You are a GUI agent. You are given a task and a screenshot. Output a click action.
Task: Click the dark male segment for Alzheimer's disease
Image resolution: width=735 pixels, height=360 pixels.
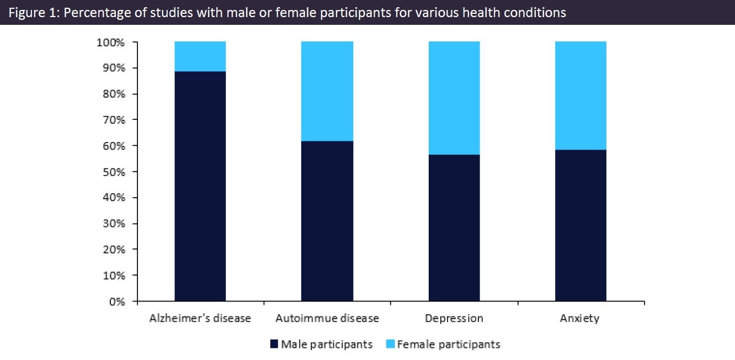pos(200,186)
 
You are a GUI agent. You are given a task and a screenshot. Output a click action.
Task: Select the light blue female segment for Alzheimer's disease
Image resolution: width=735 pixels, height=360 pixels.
pos(200,56)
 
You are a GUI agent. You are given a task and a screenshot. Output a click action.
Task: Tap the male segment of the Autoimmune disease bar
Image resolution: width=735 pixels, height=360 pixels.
pos(327,221)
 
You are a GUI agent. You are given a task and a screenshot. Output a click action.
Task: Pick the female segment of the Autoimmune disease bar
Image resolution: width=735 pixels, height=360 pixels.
pos(327,91)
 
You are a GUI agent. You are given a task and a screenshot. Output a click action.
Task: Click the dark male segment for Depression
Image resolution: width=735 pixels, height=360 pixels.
pos(454,227)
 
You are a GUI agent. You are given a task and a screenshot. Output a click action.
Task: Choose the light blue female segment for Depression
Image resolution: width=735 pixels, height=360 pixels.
pos(454,98)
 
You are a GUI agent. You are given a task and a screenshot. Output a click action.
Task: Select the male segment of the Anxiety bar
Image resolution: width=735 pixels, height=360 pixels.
pos(581,225)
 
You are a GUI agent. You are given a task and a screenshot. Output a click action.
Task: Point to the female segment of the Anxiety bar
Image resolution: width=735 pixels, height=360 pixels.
pos(581,96)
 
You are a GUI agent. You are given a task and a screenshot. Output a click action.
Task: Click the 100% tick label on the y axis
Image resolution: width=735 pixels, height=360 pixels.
pos(110,43)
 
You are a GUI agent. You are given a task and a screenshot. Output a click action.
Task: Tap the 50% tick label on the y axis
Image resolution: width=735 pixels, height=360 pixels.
pos(114,172)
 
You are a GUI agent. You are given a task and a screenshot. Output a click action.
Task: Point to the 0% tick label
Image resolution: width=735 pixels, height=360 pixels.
pos(117,301)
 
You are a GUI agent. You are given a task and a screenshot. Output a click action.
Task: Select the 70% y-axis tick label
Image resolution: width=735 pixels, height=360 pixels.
pos(114,120)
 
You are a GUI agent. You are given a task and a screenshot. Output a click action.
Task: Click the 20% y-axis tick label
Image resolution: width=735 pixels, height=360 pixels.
pos(114,250)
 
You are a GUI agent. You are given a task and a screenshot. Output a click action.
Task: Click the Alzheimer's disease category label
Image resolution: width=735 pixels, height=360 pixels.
pos(200,318)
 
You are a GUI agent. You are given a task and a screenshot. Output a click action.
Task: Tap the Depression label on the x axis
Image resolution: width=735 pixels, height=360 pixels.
pos(454,318)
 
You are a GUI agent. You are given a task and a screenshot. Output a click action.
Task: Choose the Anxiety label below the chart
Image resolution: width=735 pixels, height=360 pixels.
pos(580,318)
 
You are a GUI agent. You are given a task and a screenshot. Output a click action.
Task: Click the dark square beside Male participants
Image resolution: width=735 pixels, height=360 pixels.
pos(274,344)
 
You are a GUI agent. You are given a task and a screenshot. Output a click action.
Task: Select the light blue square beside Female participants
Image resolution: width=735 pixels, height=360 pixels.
pos(390,344)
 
